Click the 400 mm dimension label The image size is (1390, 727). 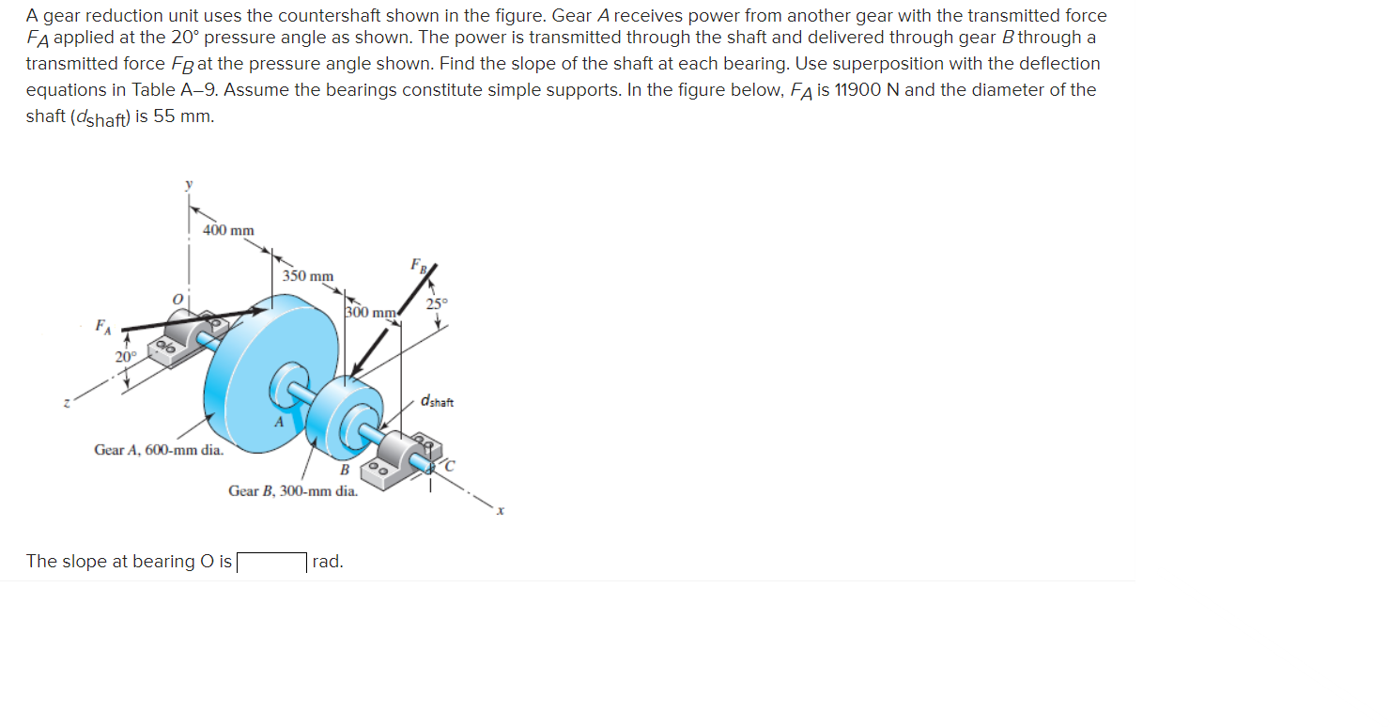coord(228,230)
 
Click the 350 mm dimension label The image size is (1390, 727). coord(308,276)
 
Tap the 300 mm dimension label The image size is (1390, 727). coord(371,312)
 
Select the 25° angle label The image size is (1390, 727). coord(438,303)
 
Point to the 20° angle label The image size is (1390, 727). coord(125,357)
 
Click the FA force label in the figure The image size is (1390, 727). coord(102,327)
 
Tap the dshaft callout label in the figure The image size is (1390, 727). coord(438,402)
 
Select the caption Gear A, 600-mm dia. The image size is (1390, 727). coord(159,450)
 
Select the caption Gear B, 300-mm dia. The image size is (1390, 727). coord(293,490)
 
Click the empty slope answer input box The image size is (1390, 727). coord(271,563)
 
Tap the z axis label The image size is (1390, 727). coord(67,404)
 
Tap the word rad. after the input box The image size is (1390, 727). coord(328,562)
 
